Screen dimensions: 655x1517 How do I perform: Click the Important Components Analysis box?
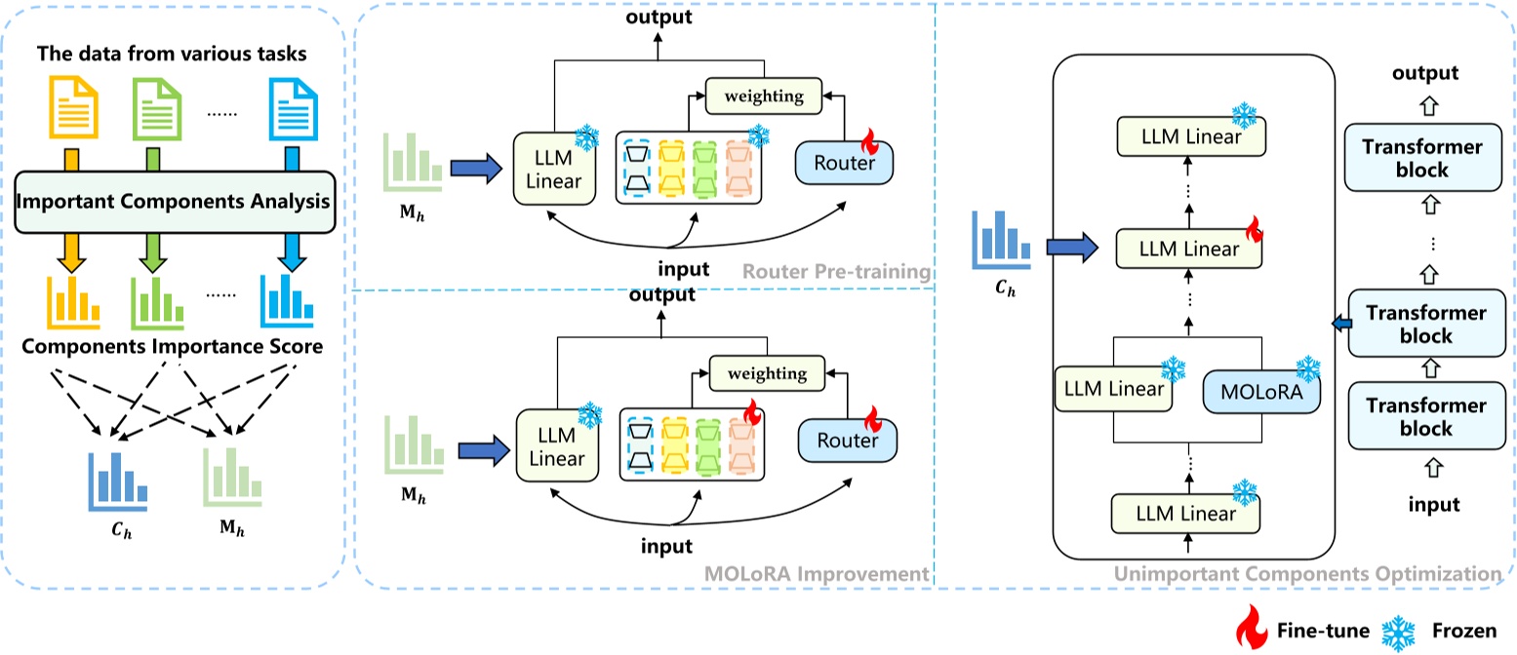(174, 202)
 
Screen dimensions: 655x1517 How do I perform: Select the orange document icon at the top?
(74, 111)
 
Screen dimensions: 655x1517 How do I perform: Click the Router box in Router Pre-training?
(844, 163)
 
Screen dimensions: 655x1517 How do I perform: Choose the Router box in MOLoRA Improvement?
(846, 441)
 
